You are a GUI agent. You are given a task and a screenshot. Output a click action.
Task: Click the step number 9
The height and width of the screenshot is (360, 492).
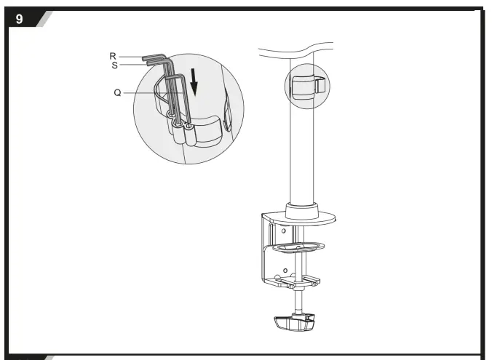click(20, 20)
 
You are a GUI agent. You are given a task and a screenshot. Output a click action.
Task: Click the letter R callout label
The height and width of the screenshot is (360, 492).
click(114, 56)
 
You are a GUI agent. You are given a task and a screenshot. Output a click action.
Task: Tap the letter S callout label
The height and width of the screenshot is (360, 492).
click(114, 65)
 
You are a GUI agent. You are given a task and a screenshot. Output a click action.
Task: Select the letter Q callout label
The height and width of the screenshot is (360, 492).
click(117, 92)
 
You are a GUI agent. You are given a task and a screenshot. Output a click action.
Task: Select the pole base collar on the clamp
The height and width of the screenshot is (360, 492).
click(302, 211)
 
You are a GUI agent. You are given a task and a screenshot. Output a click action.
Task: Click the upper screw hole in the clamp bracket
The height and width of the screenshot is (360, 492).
click(283, 231)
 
